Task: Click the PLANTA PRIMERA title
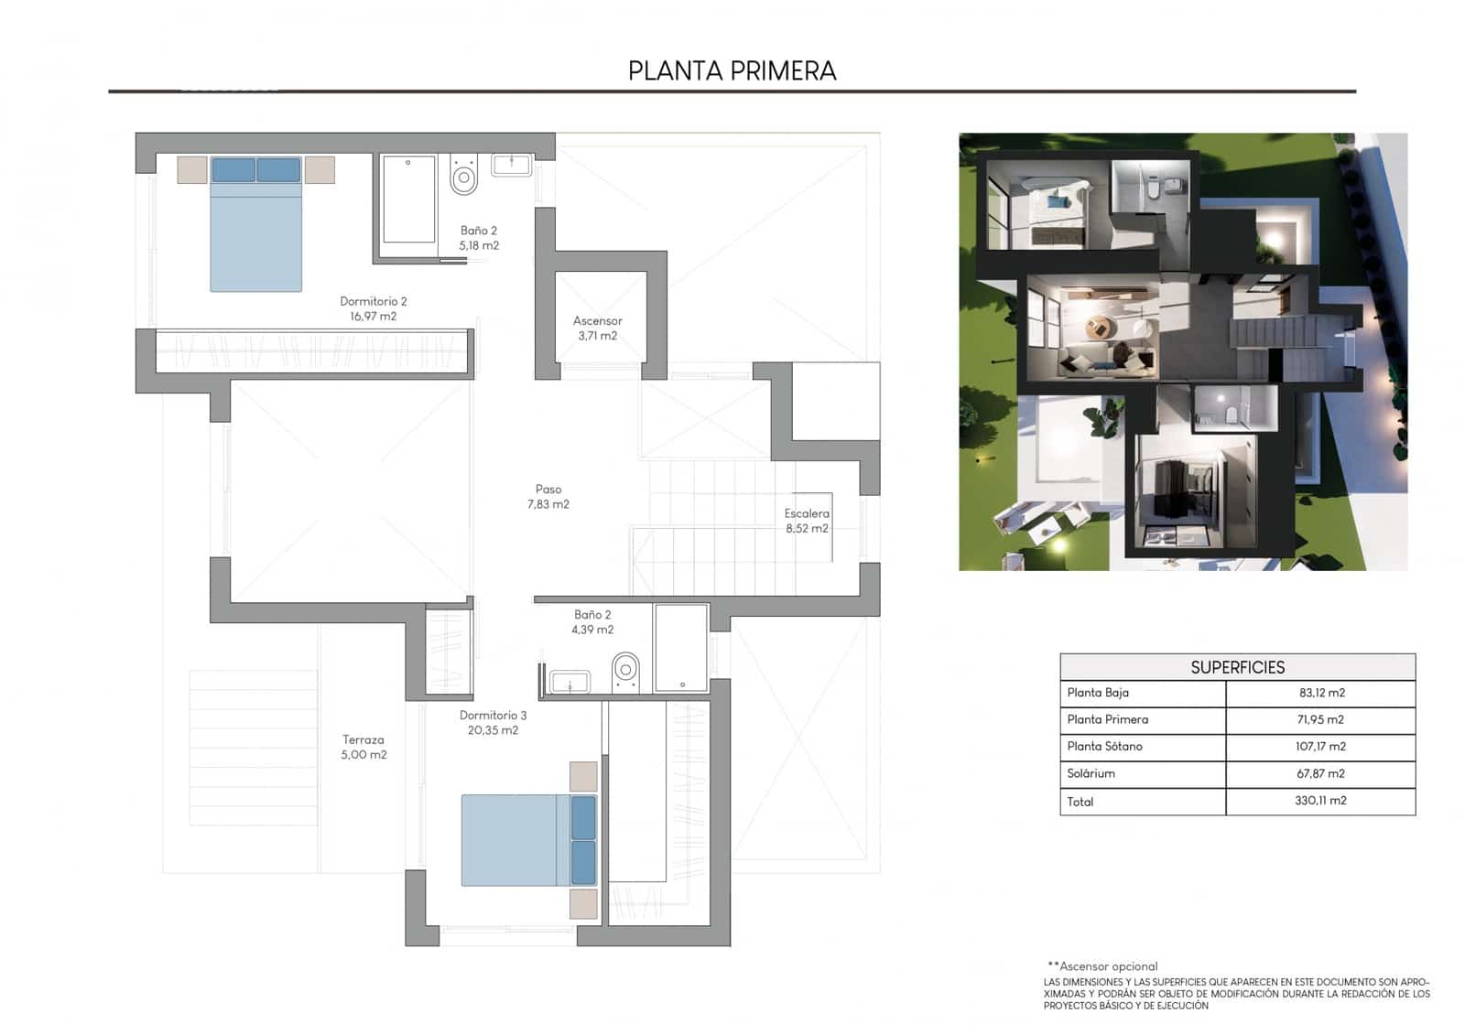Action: point(732,70)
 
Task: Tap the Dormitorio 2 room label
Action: point(373,308)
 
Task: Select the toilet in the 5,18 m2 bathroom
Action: point(464,175)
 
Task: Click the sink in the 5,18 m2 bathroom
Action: point(511,165)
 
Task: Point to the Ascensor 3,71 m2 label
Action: point(597,328)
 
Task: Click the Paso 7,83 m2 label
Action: point(548,496)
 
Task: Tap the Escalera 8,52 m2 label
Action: point(806,521)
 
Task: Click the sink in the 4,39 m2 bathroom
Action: point(570,682)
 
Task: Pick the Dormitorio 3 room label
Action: point(493,722)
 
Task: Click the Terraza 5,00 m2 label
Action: point(364,747)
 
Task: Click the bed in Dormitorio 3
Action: point(522,840)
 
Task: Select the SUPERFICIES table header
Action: point(1237,667)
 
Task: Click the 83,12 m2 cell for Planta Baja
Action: point(1320,693)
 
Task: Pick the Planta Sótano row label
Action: point(1104,746)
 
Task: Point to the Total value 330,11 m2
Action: point(1320,801)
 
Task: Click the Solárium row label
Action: point(1091,773)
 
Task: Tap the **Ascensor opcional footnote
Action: point(1102,965)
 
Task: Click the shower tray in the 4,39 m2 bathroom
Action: point(681,646)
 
